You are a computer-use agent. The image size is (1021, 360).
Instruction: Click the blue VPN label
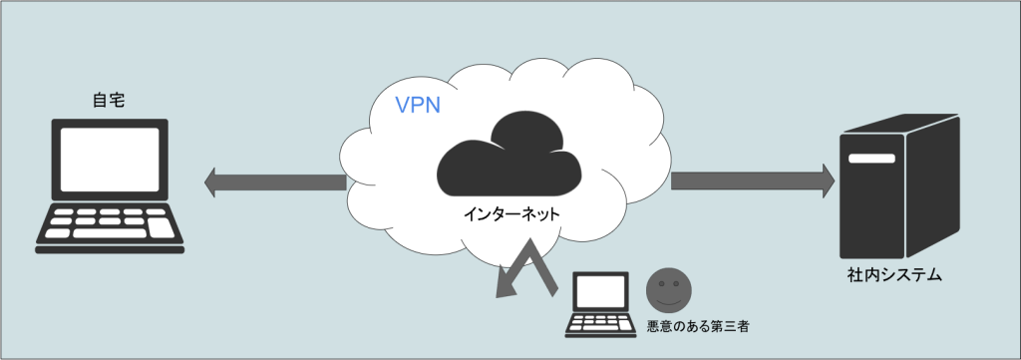click(x=418, y=105)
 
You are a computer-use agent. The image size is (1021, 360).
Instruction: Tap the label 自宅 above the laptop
click(x=110, y=101)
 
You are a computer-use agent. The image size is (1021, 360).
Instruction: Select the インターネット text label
click(x=511, y=213)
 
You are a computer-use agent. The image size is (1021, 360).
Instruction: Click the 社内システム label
click(x=894, y=275)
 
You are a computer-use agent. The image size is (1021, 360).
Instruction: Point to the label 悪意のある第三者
click(x=697, y=327)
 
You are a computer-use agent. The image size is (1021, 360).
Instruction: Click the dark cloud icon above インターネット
click(x=510, y=154)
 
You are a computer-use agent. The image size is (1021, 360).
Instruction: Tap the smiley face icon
click(x=669, y=289)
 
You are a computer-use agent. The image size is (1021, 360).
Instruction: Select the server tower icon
click(x=899, y=186)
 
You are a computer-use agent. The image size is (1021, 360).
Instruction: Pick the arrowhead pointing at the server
click(x=829, y=180)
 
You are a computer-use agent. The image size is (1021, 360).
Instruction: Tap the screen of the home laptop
click(x=110, y=160)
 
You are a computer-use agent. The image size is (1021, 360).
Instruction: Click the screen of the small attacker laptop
click(x=601, y=291)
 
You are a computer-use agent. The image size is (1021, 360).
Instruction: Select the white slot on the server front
click(x=871, y=159)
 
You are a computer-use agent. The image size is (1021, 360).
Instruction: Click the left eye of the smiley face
click(x=662, y=284)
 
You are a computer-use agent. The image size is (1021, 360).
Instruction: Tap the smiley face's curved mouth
click(x=669, y=301)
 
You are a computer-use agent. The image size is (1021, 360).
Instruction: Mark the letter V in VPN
click(x=403, y=105)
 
